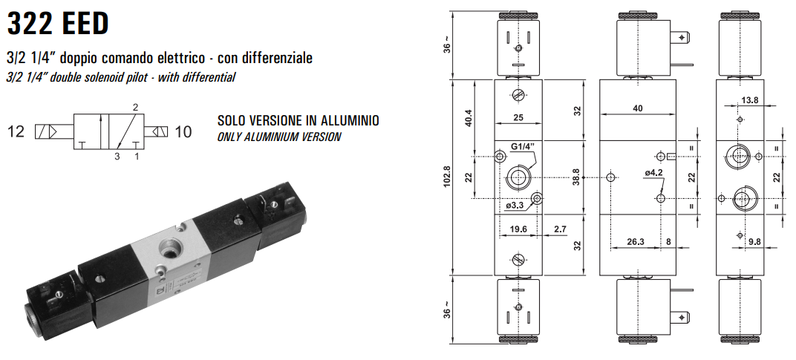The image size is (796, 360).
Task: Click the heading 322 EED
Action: pyautogui.click(x=58, y=24)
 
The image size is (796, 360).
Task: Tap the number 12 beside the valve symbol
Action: pyautogui.click(x=16, y=131)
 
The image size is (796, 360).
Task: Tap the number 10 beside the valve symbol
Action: pyautogui.click(x=183, y=131)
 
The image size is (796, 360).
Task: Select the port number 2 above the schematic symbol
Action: pyautogui.click(x=136, y=107)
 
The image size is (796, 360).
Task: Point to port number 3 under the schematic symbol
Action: pyautogui.click(x=117, y=157)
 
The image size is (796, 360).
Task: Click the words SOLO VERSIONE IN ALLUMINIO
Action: pyautogui.click(x=298, y=121)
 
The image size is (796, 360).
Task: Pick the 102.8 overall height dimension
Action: pyautogui.click(x=447, y=176)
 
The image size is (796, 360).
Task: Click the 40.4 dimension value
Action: pyautogui.click(x=469, y=118)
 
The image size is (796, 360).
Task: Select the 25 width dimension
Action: pyautogui.click(x=518, y=117)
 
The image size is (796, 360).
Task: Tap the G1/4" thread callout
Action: pyautogui.click(x=523, y=147)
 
